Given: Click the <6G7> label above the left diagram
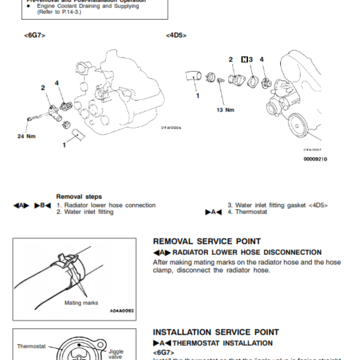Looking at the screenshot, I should [34, 35].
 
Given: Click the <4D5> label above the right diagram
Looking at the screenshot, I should [176, 35].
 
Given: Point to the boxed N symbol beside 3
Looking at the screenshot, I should [244, 59].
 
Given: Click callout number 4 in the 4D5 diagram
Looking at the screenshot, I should [261, 59].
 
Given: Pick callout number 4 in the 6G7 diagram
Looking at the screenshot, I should [57, 83].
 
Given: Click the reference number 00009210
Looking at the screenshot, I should [315, 159].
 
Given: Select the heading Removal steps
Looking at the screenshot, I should [79, 197].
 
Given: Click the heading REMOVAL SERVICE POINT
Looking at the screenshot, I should [207, 242].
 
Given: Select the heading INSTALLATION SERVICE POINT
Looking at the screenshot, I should [216, 333].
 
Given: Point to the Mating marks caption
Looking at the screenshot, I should [81, 303].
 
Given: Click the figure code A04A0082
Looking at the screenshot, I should [122, 311].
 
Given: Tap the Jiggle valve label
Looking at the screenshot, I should [116, 354].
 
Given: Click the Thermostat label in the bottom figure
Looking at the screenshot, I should [31, 346].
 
